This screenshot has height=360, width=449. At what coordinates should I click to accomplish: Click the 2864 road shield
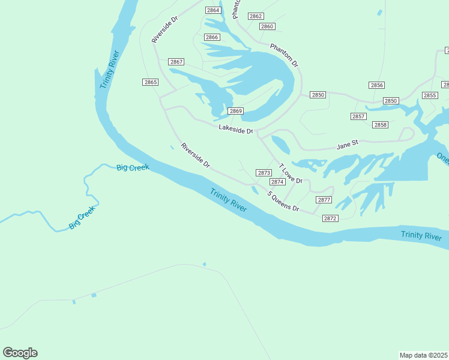tap(212, 10)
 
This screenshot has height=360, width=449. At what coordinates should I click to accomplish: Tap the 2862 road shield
tap(256, 16)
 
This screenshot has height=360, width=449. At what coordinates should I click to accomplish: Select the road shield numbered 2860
tap(267, 26)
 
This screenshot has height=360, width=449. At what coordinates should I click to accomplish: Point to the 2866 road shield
tap(212, 37)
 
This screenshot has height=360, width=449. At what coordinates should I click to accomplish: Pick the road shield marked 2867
tap(176, 62)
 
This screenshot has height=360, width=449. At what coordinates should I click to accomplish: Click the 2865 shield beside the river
tap(151, 82)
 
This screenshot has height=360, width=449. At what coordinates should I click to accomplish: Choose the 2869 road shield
tap(235, 111)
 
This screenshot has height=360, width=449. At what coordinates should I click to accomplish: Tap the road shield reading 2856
tap(377, 85)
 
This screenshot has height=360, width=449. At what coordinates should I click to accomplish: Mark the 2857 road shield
tap(358, 116)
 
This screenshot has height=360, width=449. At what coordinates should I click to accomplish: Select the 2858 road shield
tap(380, 124)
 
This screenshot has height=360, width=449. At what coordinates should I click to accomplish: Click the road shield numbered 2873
tap(264, 173)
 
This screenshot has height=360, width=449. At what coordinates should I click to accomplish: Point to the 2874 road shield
tap(277, 182)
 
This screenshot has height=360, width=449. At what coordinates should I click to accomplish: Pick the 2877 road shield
tap(324, 200)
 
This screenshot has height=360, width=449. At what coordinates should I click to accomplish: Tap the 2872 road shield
tap(330, 218)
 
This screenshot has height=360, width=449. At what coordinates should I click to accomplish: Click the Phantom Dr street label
tap(284, 55)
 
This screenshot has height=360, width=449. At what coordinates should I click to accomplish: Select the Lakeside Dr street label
tap(236, 129)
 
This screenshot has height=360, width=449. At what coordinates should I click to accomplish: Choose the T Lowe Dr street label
tap(290, 174)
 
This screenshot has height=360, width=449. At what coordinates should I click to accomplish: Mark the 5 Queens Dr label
tap(283, 202)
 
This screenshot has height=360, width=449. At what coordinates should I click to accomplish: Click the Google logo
tap(20, 353)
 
